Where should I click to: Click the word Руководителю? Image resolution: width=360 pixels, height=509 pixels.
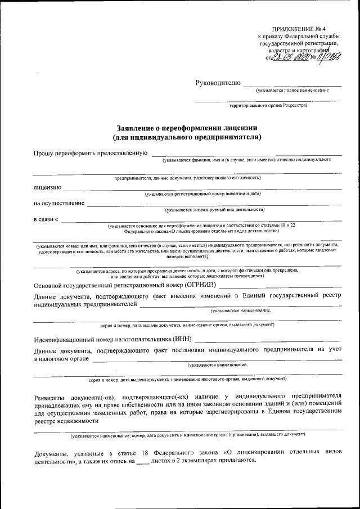218,83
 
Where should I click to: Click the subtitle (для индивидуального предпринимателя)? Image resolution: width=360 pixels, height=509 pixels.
187,136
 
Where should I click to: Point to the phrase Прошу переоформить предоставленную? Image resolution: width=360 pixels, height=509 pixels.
90,153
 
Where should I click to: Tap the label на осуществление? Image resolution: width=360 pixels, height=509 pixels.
59,202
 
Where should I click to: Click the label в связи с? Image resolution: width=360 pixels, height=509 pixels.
46,219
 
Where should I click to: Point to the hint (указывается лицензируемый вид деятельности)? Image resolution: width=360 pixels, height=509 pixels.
214,209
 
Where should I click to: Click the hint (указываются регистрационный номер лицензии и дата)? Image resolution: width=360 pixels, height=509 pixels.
202,195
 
